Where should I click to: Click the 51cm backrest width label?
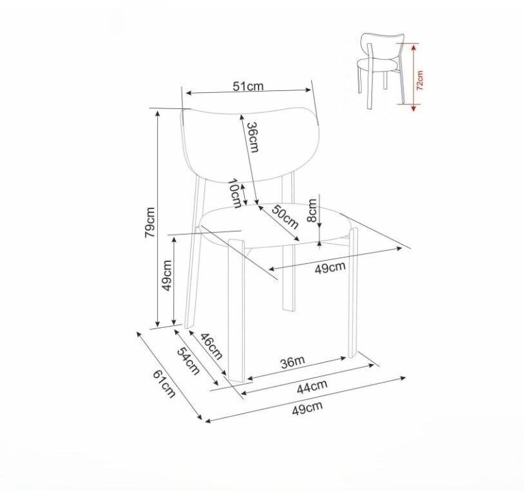click(x=248, y=86)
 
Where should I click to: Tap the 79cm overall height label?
click(x=150, y=223)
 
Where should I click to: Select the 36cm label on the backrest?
click(x=253, y=137)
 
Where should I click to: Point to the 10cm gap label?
click(x=235, y=194)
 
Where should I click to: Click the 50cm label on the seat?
click(x=285, y=217)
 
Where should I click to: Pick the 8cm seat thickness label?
click(x=311, y=210)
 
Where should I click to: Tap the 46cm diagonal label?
click(x=211, y=346)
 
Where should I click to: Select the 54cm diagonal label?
click(x=188, y=361)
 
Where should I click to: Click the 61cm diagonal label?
click(x=164, y=384)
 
